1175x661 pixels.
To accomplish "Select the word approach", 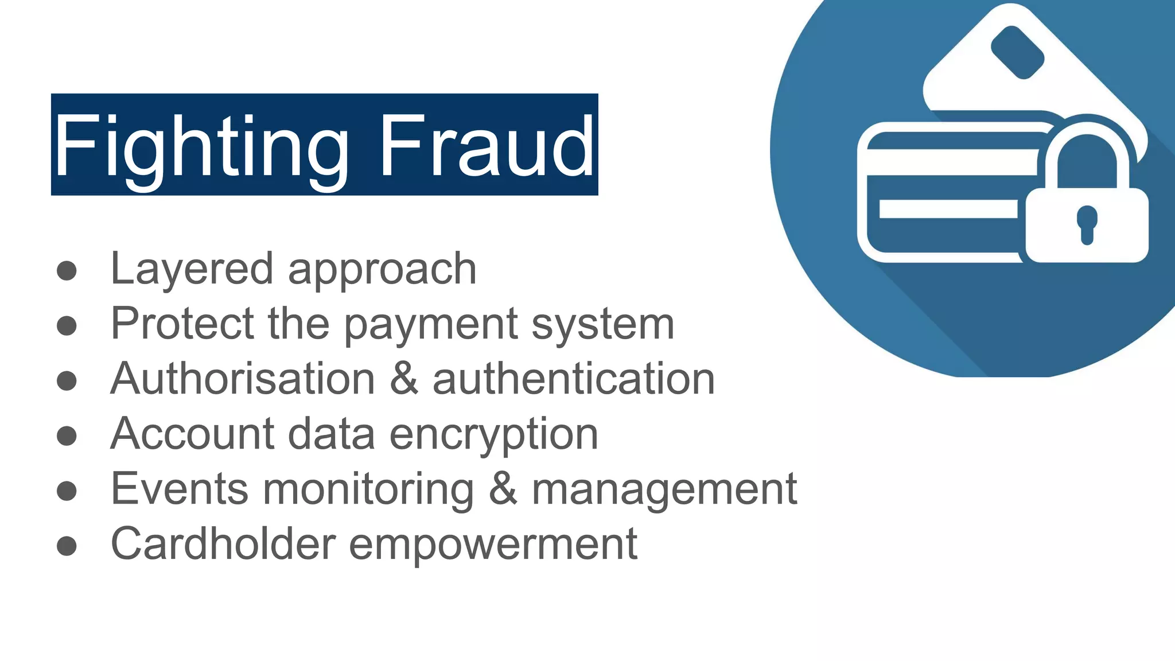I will point(382,270).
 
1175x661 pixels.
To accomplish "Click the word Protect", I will point(182,324).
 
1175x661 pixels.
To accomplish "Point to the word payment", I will point(431,325).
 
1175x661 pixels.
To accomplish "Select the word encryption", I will point(494,434).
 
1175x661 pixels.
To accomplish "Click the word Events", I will point(180,489).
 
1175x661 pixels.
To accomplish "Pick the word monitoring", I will point(368,489).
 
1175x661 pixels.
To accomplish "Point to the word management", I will point(664,489).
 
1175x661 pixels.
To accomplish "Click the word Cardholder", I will point(223,543).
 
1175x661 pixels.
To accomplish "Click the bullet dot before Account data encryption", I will point(67,436).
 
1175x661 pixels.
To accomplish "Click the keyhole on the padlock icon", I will point(1087,224).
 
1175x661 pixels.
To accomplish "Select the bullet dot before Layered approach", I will point(67,271).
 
